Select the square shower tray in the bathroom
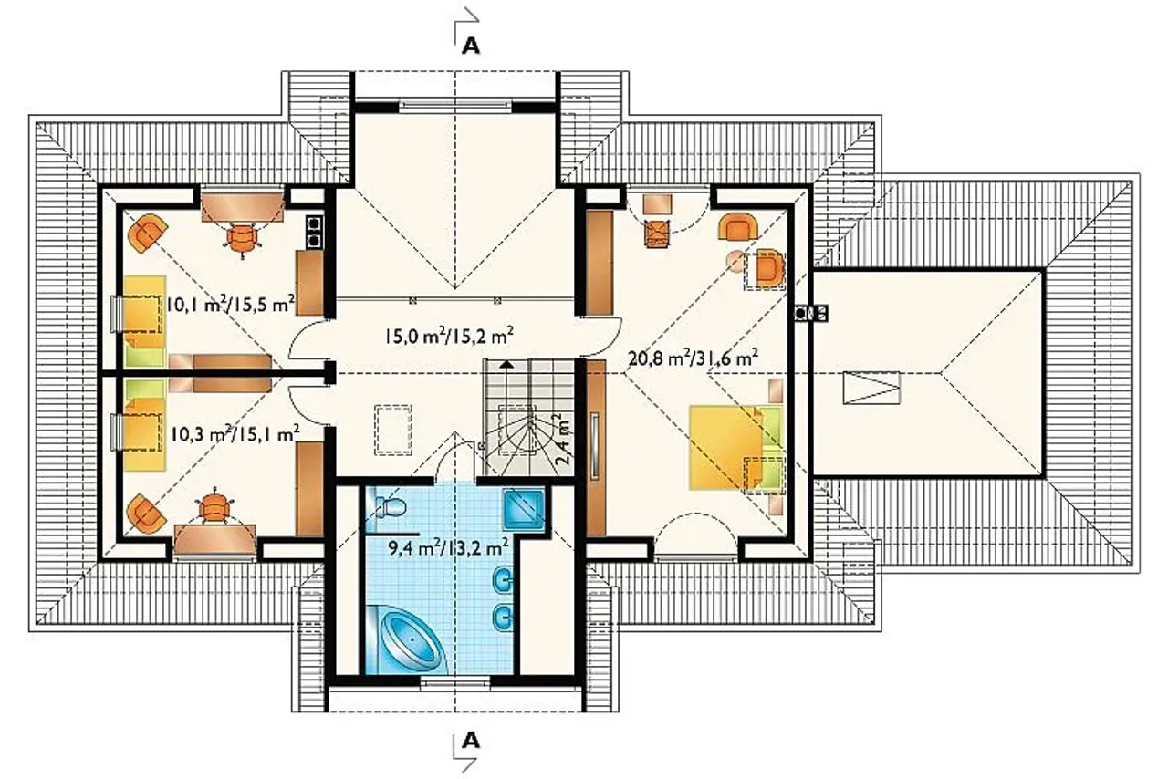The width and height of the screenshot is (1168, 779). [524, 509]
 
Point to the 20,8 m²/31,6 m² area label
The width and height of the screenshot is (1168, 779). [693, 358]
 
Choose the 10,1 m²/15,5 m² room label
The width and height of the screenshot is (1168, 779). [230, 303]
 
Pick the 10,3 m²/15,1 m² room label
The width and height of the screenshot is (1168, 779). [235, 433]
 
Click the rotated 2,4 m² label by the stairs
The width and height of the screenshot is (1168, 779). [562, 439]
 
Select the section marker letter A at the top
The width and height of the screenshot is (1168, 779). [471, 47]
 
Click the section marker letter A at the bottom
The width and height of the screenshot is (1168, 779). [471, 741]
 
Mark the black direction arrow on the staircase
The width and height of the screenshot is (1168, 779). [506, 364]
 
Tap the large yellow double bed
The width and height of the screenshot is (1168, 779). [736, 448]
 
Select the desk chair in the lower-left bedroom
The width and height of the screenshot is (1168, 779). [215, 505]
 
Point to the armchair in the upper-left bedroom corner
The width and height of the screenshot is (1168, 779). [148, 234]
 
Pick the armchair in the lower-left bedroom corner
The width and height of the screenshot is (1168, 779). [147, 514]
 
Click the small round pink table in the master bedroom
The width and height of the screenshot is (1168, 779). [736, 261]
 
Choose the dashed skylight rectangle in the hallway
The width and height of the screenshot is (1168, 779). [392, 431]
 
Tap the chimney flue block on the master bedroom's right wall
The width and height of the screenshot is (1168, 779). [811, 314]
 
